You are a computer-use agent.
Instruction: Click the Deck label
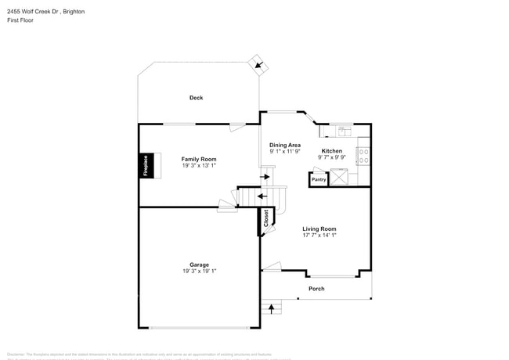196,98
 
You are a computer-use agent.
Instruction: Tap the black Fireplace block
146,165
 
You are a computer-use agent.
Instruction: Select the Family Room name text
199,159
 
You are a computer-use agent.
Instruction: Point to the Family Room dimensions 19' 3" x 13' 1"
199,166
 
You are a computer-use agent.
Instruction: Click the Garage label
199,265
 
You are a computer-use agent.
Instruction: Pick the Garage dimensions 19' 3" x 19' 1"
199,272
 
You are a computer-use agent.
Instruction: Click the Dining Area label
285,145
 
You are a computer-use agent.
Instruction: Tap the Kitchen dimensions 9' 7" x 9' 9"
332,157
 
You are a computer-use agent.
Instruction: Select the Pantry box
319,179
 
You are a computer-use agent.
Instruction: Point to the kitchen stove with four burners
363,156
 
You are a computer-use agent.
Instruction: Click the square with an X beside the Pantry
338,177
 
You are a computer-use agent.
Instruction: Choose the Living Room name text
319,229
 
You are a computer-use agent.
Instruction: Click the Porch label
316,289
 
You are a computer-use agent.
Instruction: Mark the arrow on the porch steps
272,309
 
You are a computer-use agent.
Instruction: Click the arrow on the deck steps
258,66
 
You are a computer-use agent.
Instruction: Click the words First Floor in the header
20,20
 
